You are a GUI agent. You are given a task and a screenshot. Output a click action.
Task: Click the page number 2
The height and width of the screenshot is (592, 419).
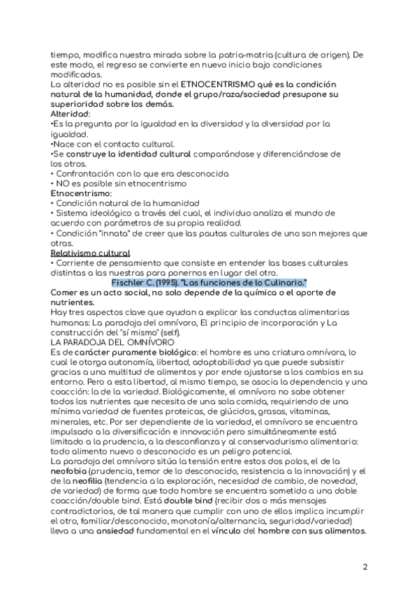pos(365,566)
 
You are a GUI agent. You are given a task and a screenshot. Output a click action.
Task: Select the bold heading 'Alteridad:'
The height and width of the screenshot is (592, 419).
pos(71,114)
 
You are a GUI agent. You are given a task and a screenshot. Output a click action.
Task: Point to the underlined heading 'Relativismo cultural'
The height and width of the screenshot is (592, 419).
pos(90,252)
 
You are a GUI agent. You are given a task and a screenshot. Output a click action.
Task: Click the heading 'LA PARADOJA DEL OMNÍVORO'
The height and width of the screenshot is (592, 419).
pos(104,343)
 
